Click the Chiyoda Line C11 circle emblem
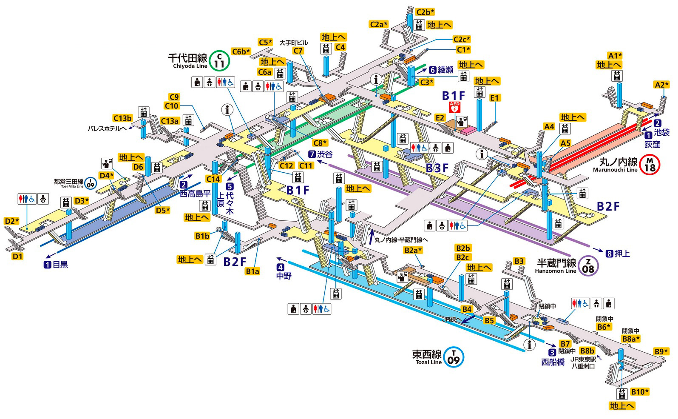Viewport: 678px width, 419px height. [219, 60]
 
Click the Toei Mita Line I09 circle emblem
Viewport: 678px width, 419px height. [91, 183]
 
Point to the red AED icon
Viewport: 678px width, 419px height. [455, 107]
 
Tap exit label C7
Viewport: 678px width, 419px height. [298, 51]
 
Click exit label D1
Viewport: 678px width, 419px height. [17, 256]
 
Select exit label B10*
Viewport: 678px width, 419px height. [639, 392]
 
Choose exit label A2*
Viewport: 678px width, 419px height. [661, 85]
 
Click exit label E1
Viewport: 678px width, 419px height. [494, 98]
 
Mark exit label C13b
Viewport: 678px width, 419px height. [122, 118]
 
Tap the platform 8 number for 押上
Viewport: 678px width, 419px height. [610, 254]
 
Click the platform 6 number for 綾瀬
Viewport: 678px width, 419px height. [432, 70]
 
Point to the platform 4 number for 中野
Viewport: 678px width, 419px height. [280, 268]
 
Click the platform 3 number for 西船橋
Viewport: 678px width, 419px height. [552, 352]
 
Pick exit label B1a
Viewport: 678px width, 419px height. [252, 271]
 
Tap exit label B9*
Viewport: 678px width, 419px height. [661, 352]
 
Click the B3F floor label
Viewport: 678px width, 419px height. [437, 168]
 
